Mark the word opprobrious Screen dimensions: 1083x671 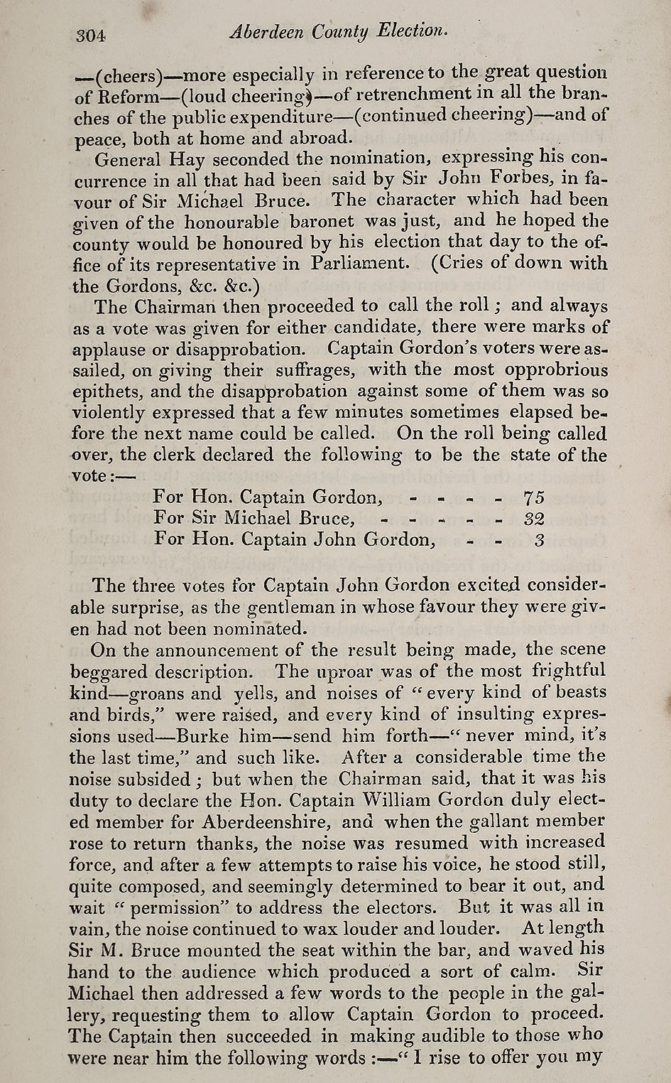click(555, 370)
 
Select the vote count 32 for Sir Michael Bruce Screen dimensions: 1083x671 click(533, 518)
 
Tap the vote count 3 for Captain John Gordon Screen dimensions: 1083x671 click(539, 539)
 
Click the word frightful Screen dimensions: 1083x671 click(567, 670)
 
